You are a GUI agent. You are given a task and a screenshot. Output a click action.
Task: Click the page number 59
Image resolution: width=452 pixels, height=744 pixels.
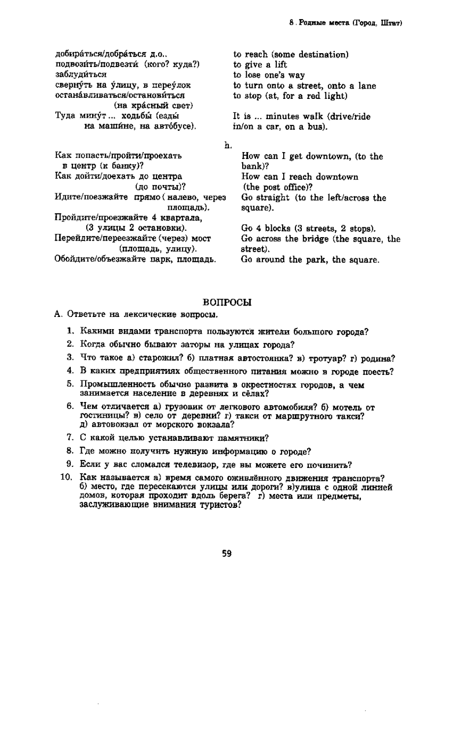[x=226, y=553]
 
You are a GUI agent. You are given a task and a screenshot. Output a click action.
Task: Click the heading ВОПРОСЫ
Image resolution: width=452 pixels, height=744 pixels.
[x=227, y=303]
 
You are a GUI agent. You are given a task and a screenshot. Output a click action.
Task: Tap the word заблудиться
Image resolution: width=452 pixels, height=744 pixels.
[x=81, y=75]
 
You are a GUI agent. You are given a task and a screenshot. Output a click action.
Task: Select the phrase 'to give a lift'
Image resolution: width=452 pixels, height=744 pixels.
[x=259, y=64]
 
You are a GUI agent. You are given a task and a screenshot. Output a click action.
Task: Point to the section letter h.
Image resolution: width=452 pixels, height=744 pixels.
[x=227, y=145]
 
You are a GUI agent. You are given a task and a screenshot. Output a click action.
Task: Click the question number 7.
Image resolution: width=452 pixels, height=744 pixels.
[x=70, y=437]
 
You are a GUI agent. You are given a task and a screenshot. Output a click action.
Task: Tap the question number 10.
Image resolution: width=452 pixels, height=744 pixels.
[x=68, y=478]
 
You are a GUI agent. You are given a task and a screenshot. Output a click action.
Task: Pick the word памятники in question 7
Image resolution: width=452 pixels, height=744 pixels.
[x=245, y=437]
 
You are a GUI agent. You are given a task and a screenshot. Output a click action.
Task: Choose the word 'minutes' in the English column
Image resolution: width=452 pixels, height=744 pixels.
[x=281, y=117]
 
